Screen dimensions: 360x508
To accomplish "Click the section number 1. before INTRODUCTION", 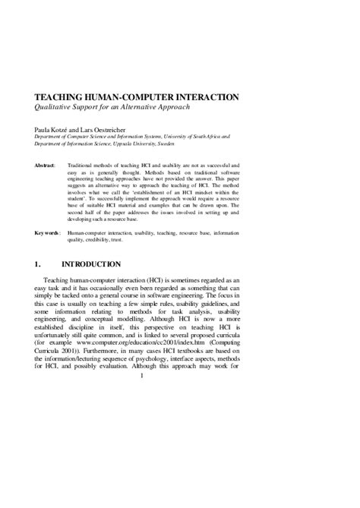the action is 38,265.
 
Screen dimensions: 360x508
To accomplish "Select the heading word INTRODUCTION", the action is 90,265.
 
